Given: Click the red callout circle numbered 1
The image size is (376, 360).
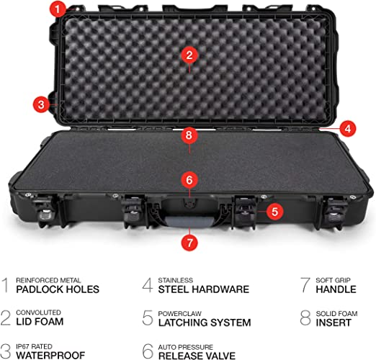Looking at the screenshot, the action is (58, 9).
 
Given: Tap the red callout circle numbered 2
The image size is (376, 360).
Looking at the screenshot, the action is (189, 55).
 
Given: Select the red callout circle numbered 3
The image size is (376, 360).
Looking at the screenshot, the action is (41, 104).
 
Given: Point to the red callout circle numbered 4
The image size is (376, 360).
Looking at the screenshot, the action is (348, 129).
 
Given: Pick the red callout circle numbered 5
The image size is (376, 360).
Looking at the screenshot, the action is (274, 212).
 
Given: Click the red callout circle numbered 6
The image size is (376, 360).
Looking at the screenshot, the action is (189, 180).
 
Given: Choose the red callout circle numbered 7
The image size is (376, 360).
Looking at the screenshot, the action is (189, 243).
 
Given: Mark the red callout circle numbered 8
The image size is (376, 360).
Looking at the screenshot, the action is (189, 135).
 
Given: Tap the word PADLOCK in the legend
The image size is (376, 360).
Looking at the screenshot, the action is (40, 289).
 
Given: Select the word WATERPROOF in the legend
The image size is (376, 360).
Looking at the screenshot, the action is (50, 355).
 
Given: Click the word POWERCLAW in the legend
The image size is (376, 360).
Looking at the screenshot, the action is (179, 313).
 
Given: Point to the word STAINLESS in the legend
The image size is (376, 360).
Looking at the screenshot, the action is (176, 280).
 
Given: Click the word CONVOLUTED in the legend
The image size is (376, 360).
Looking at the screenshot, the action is (38, 312).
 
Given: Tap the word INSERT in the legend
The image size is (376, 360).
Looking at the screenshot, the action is (334, 323).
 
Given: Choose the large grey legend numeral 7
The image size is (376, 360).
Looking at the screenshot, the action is (305, 285).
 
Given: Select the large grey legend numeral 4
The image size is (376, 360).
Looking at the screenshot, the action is (147, 285).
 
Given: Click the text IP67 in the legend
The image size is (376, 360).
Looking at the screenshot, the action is (23, 346).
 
